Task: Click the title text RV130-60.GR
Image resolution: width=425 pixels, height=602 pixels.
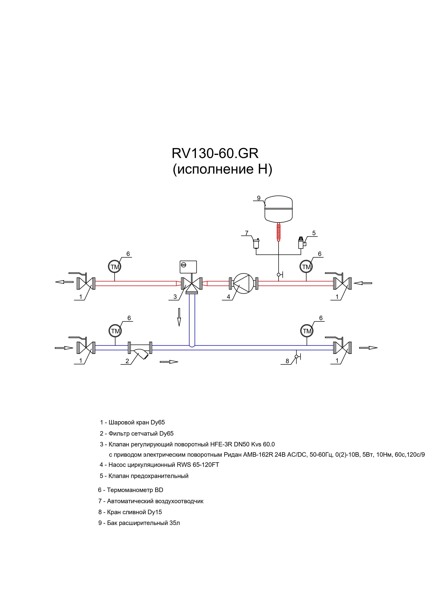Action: [x=215, y=153]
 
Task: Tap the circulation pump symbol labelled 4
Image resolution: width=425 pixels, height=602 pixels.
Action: [x=243, y=283]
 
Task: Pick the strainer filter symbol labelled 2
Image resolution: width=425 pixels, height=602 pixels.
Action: [x=140, y=350]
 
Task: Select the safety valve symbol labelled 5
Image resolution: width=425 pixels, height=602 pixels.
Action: [x=302, y=243]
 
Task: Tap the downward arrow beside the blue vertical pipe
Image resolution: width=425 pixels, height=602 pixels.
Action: [x=179, y=317]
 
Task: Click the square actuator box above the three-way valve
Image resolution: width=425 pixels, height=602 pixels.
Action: [x=188, y=267]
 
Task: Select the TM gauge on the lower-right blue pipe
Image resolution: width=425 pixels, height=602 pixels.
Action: [x=307, y=331]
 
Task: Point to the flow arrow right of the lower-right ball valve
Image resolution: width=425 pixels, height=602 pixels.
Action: [x=368, y=348]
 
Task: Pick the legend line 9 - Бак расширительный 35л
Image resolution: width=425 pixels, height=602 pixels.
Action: [x=139, y=523]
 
